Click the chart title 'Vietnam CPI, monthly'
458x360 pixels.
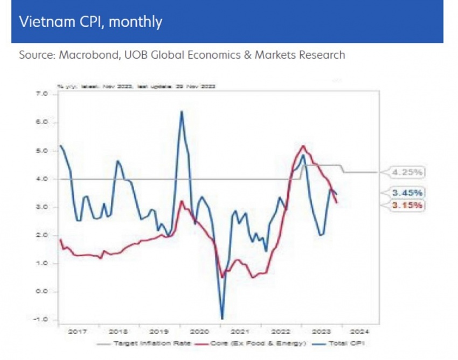pos(90,22)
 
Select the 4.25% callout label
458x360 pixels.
pos(407,172)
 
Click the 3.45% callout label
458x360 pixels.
pos(407,192)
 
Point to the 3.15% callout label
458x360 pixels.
pos(407,205)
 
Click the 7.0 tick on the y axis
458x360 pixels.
pos(42,94)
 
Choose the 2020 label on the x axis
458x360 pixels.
pos(200,331)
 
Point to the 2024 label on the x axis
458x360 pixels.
pos(361,331)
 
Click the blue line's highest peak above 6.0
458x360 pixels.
pos(181,112)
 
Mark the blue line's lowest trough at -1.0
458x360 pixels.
pos(222,319)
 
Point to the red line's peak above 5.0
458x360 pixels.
pos(303,146)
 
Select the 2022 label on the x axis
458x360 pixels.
pos(281,331)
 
